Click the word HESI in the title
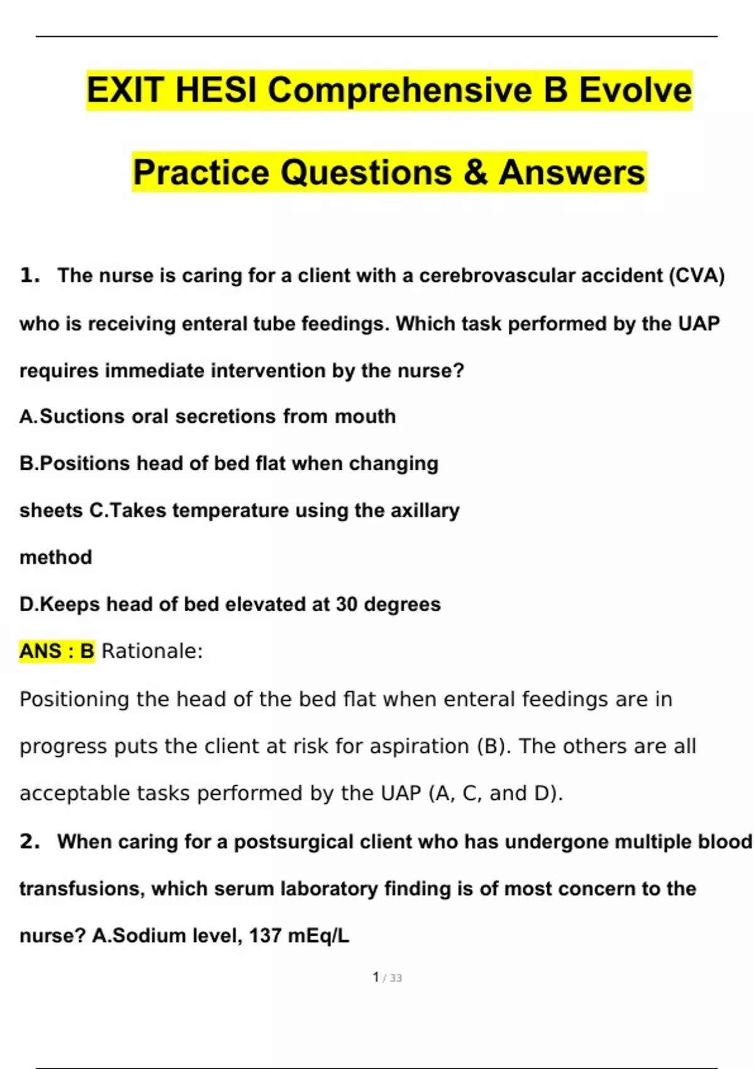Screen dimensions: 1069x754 coord(216,90)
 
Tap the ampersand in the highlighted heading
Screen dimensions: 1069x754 coord(476,172)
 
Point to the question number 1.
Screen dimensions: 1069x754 coord(29,275)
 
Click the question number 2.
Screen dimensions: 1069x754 coord(29,841)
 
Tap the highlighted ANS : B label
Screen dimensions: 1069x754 coord(57,651)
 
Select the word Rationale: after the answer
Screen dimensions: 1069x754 coord(152,651)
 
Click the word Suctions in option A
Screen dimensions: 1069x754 coord(82,416)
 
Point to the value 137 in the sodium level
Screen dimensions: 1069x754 coord(265,936)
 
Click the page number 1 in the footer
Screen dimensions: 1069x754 coord(376,977)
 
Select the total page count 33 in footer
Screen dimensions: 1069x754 coord(395,978)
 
